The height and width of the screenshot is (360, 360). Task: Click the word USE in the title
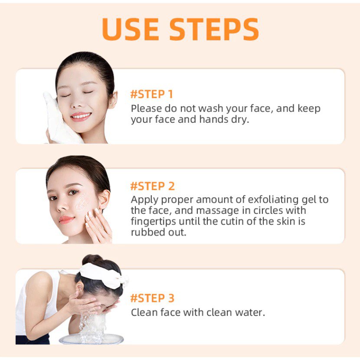[131, 29]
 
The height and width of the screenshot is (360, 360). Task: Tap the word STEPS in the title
[214, 29]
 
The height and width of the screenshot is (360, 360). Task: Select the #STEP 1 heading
[151, 94]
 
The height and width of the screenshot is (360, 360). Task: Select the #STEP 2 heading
[152, 186]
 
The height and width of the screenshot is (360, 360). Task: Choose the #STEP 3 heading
[152, 298]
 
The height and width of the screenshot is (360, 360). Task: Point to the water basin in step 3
[92, 339]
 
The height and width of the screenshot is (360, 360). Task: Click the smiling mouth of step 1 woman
[81, 116]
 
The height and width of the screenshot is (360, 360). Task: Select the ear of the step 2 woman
[104, 199]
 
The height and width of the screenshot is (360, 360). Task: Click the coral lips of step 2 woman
[66, 219]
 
